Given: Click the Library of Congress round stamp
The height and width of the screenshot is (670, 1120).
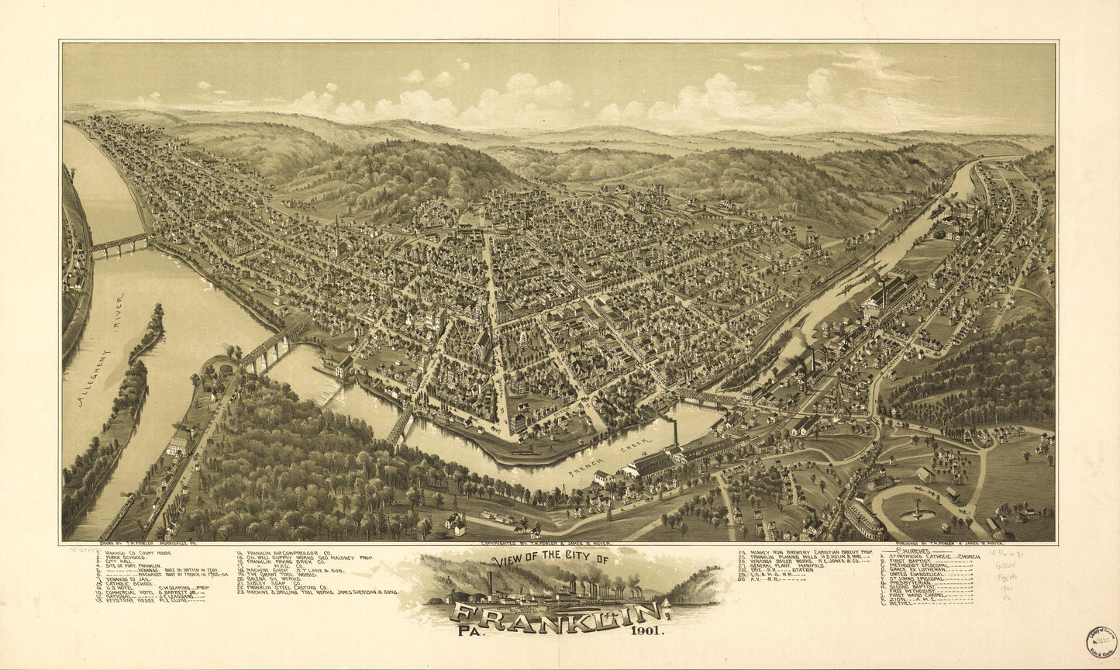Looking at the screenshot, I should coord(1101,641).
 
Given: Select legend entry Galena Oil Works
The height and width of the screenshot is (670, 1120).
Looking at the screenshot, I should coord(275,578).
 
